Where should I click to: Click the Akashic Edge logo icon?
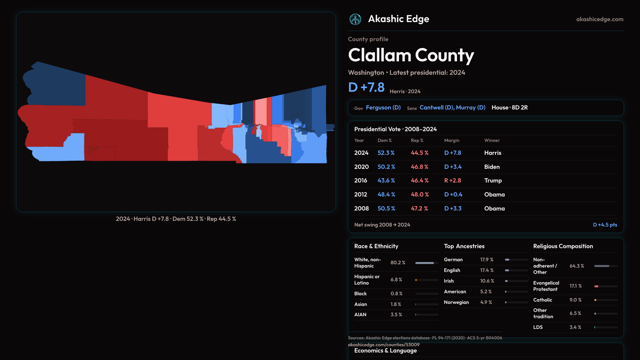click(355, 19)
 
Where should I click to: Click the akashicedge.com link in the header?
click(599, 19)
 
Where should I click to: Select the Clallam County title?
click(411, 55)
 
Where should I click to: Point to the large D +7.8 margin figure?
click(366, 87)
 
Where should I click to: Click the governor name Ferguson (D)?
click(383, 108)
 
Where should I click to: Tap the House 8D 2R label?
click(509, 108)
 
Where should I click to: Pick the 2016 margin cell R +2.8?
click(452, 181)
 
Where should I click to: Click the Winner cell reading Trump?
click(493, 181)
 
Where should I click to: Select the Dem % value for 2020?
click(386, 167)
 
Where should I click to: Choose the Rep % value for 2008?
click(419, 209)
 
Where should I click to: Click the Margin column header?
click(452, 140)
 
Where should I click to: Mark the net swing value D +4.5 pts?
click(605, 225)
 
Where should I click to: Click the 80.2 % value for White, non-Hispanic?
click(398, 263)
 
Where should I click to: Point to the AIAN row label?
click(360, 315)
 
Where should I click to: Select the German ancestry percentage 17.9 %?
click(487, 260)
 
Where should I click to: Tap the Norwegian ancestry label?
click(456, 302)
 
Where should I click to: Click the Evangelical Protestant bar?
click(606, 286)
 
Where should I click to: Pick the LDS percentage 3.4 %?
click(575, 327)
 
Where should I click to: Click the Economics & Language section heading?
click(385, 351)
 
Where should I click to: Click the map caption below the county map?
click(176, 219)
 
